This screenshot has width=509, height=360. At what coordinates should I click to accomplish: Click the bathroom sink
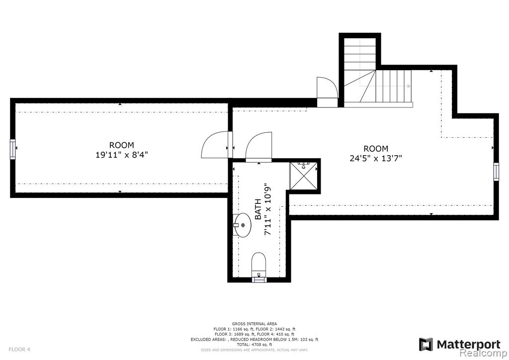[x=242, y=225]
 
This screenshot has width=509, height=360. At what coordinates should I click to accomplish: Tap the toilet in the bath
[x=259, y=263]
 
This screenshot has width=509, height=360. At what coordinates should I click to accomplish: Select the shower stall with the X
[x=303, y=176]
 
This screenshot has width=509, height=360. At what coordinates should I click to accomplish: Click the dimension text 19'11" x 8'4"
[x=122, y=155]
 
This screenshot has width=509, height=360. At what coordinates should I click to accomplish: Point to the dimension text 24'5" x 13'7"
[x=376, y=159]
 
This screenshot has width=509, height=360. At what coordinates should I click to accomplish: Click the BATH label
[x=258, y=209]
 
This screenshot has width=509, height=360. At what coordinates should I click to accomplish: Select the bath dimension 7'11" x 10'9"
[x=267, y=210]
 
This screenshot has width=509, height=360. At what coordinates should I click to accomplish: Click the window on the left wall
[x=12, y=149]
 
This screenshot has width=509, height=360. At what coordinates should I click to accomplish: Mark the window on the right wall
[x=496, y=172]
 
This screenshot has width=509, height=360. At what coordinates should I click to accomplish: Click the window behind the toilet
[x=259, y=279]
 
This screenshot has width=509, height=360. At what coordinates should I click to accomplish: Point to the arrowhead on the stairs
[x=409, y=86]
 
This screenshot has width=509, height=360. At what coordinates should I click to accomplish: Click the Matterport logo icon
[x=426, y=345]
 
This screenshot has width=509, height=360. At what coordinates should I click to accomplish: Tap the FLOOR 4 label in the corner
[x=19, y=350]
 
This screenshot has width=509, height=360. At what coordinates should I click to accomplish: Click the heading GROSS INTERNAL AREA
[x=254, y=324]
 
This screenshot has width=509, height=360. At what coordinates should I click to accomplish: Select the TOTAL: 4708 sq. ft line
[x=254, y=345]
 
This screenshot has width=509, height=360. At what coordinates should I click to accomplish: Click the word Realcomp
[x=484, y=353]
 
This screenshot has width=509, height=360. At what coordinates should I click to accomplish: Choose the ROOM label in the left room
[x=121, y=145]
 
